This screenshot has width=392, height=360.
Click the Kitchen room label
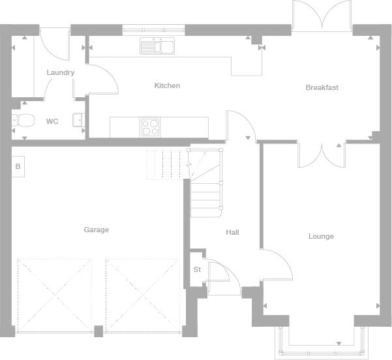point(167,85)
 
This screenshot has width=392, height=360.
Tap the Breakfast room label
point(322,87)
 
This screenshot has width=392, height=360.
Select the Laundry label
point(61,72)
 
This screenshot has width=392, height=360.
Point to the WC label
point(52,121)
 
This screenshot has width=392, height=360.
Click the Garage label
point(97,230)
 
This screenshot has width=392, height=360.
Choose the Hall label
point(232,232)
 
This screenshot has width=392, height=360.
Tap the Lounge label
point(321,236)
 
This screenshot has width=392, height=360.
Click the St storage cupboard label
point(197,269)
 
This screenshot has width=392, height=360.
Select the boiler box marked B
point(18,166)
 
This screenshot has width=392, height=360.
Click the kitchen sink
point(157,46)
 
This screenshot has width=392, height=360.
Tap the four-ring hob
point(150,127)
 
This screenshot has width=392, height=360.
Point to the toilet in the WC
point(23,121)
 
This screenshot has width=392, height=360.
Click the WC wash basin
point(79,120)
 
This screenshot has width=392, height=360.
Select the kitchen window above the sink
point(153,30)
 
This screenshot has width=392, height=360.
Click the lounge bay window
point(322,342)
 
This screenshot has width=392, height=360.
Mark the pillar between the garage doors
point(98,331)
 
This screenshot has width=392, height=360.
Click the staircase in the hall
point(205,183)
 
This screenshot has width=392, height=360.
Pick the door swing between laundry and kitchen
point(102,80)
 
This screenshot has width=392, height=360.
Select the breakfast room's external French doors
point(322,16)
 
